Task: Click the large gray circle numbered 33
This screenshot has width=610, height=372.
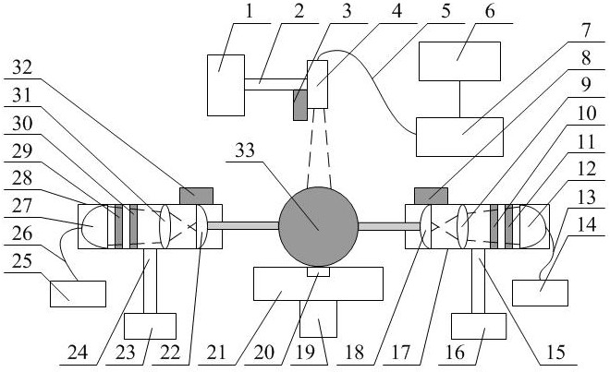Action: point(318,224)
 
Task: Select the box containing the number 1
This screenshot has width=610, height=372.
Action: point(226,85)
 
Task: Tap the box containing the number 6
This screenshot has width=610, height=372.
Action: point(458,61)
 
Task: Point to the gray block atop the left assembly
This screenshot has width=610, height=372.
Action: point(195,195)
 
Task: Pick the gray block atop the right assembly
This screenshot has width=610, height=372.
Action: point(432,195)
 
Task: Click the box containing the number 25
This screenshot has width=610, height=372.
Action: point(78,293)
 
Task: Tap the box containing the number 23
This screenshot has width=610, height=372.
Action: point(149,326)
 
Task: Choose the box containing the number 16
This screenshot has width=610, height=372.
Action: point(479,326)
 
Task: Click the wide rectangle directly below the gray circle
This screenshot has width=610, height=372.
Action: point(319,282)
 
